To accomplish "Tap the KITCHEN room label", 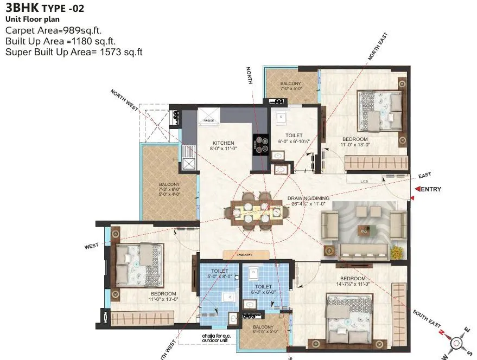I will [223, 143].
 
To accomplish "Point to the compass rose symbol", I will [457, 342].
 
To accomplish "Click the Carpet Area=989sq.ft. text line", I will [53, 30].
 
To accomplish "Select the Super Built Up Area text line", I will [74, 52].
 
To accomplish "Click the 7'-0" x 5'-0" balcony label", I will [291, 86].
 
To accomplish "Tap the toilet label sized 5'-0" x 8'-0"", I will [220, 273].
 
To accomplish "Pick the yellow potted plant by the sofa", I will [397, 251].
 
